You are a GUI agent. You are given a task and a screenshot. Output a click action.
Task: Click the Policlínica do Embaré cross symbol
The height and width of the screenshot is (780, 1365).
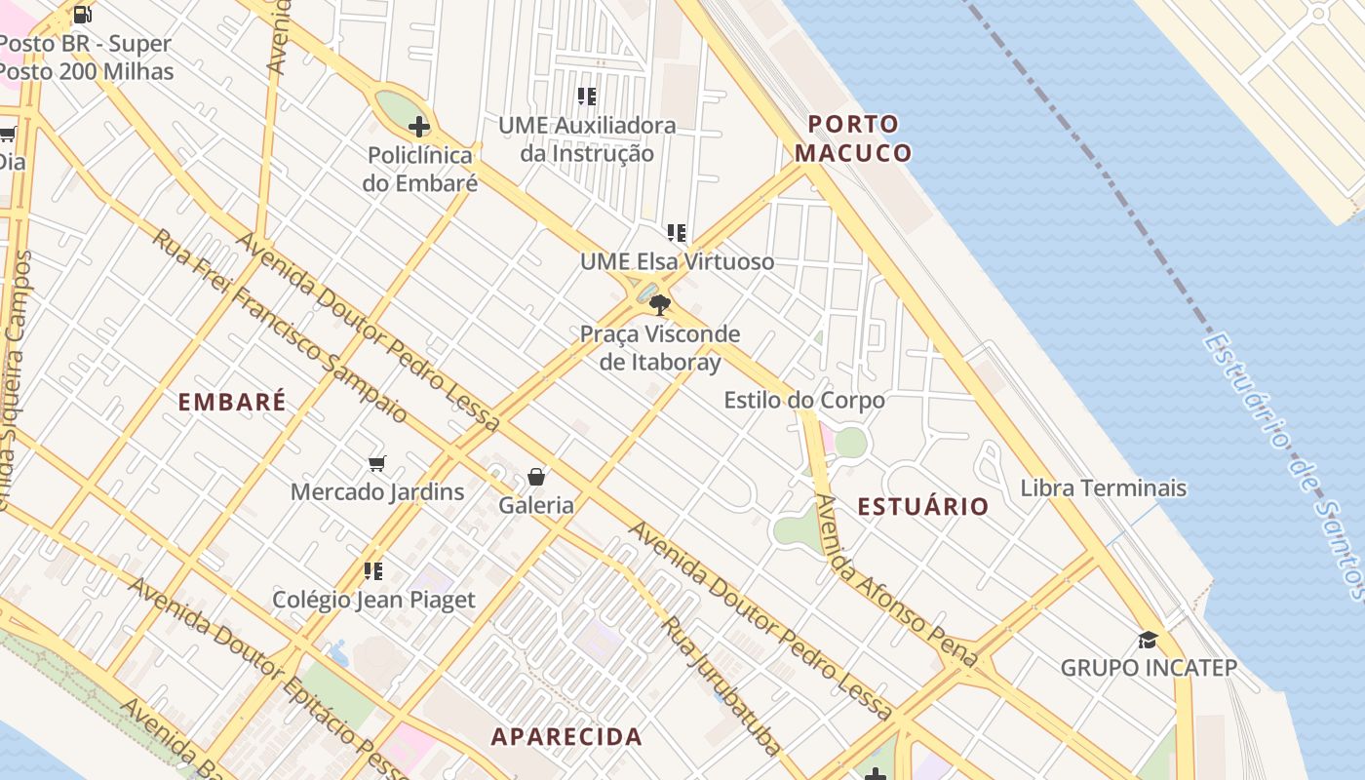(418, 127)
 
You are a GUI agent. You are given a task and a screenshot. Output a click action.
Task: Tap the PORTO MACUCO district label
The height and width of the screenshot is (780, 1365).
(853, 138)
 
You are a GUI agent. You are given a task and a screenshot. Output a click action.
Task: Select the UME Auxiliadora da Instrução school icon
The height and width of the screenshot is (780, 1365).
(586, 97)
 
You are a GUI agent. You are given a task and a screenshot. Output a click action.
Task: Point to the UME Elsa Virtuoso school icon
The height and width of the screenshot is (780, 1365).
(677, 233)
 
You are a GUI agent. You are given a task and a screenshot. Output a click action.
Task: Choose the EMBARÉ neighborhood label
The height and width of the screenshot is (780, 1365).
(232, 402)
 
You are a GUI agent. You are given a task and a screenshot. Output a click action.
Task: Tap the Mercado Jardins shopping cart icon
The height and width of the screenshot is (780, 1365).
(376, 463)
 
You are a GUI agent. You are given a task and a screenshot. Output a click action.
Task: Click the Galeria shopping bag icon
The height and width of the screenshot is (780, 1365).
(536, 477)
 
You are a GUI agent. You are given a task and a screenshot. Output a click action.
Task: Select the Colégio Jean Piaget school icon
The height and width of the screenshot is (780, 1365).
(372, 570)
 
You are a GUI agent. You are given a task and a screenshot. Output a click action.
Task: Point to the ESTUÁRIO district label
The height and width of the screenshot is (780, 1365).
(923, 506)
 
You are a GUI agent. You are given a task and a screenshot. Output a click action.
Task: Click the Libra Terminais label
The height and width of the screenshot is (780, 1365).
(1104, 487)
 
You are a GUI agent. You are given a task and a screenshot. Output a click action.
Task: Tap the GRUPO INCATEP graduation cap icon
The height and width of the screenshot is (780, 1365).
(1149, 640)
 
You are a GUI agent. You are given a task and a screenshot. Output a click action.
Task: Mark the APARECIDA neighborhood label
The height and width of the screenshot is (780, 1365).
(566, 736)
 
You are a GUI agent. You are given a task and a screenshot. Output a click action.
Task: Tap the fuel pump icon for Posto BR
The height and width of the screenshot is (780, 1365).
(83, 15)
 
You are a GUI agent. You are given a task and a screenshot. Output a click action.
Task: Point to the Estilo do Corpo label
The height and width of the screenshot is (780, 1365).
(804, 401)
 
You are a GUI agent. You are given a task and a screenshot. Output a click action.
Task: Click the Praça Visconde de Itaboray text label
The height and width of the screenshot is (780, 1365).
(660, 348)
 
